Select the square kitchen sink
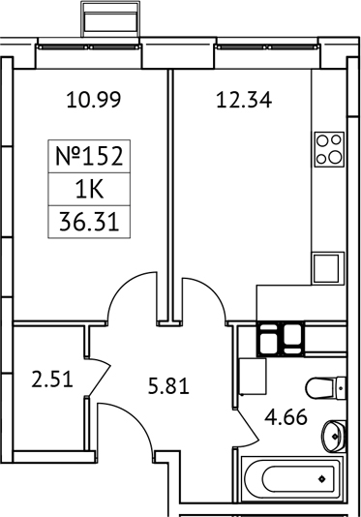(328, 265)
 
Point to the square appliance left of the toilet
(252, 375)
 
